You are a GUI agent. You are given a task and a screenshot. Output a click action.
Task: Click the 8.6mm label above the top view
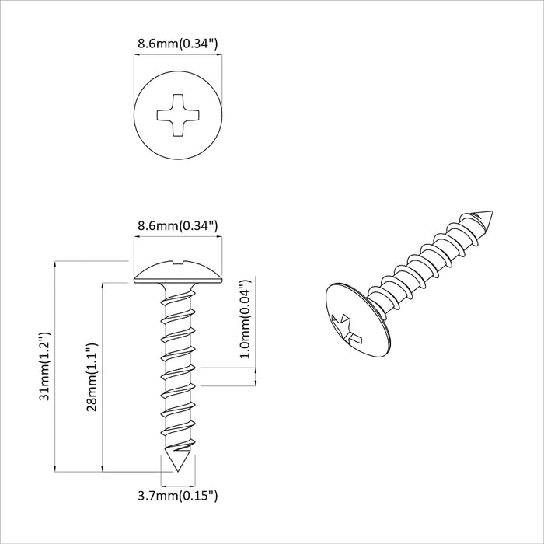pos(178,44)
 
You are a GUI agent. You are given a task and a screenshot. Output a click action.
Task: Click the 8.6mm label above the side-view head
pos(178,226)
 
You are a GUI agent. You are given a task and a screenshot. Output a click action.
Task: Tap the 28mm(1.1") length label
pos(92,376)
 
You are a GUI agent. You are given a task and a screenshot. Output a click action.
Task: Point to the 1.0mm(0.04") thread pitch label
pos(246,319)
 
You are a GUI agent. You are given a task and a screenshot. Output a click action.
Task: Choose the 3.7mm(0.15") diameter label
pos(178,494)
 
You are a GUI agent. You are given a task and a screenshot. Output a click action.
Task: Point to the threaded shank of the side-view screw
pos(178,365)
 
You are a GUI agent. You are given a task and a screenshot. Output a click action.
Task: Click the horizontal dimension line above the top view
pos(178,54)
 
